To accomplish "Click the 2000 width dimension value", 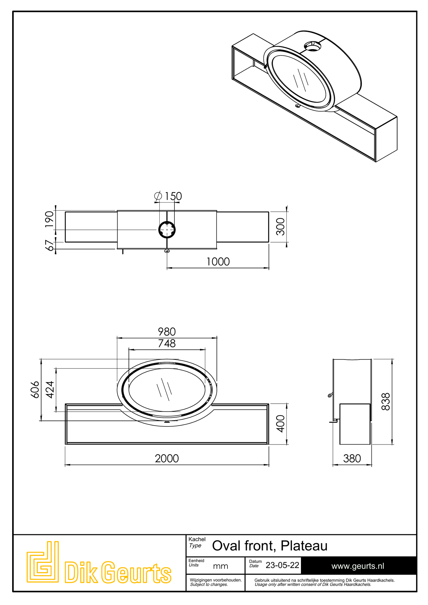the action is (x=167, y=458).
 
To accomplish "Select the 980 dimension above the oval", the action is (x=167, y=332).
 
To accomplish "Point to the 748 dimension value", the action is (x=167, y=343).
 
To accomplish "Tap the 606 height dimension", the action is (x=35, y=389).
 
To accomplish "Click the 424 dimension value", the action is (x=50, y=389).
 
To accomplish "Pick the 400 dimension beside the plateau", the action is (x=280, y=423).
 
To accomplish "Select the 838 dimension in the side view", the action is (x=385, y=402).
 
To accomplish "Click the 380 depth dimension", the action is (x=352, y=458).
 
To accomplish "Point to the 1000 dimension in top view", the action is (x=218, y=262).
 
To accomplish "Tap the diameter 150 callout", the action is (x=168, y=196).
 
